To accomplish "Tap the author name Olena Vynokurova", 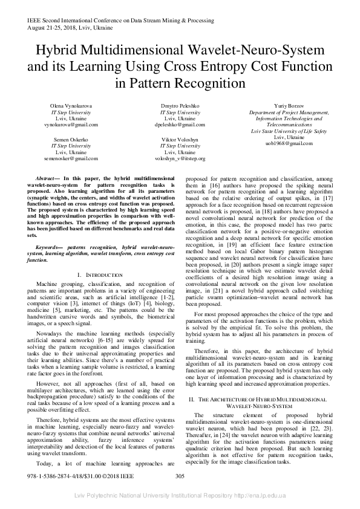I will [x=71, y=106].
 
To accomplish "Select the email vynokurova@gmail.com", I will [x=71, y=124].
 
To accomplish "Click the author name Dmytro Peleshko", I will [x=180, y=106].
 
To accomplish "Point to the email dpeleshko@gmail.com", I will [x=180, y=124].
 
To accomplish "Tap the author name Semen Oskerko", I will [x=71, y=140].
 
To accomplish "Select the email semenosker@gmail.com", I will [x=71, y=158].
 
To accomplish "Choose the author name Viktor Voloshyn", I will [x=180, y=140].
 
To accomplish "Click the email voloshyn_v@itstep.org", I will [x=180, y=158].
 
